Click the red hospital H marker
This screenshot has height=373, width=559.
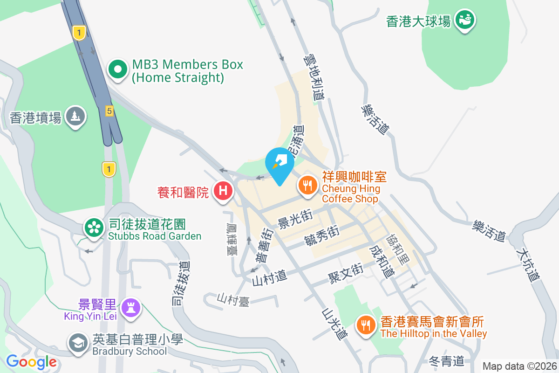pos(223,191)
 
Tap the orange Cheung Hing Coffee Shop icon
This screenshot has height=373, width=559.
pos(307,186)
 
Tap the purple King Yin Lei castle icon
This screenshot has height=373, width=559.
pos(130,307)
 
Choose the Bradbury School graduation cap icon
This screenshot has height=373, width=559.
pos(78,343)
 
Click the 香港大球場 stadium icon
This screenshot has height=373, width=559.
pos(464,20)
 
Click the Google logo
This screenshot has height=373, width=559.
pos(32,362)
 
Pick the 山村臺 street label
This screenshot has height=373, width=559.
pos(233,300)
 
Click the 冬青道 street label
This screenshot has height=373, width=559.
pos(446,360)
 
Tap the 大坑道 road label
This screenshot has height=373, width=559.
pos(528,263)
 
